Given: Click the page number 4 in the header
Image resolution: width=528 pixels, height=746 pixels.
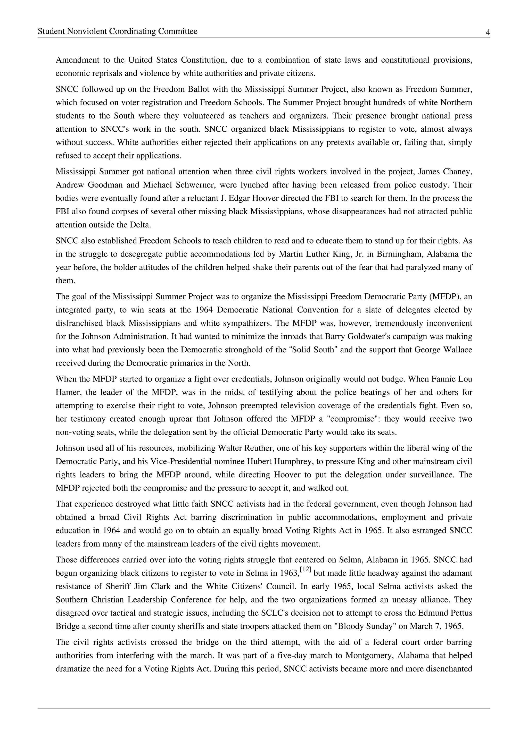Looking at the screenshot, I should [488, 32].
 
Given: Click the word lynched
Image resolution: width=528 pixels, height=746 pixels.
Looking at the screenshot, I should [253, 185].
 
